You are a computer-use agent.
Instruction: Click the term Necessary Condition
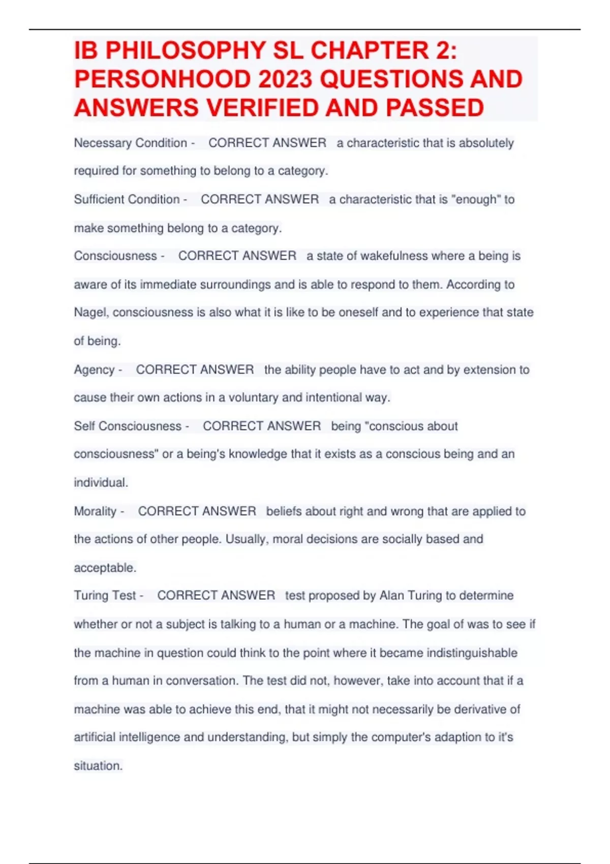130,143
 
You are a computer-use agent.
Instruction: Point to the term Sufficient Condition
127,199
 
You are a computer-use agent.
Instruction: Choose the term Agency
94,369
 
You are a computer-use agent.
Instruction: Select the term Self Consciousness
128,426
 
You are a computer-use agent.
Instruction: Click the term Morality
95,511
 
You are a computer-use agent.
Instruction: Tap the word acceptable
104,568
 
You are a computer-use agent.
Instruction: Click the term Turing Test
105,596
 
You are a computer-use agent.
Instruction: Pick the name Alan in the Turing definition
392,596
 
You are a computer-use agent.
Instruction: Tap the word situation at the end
98,766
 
